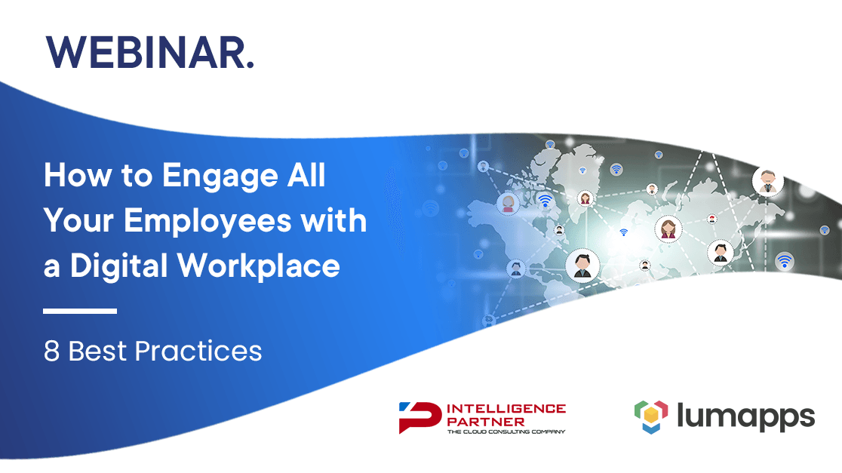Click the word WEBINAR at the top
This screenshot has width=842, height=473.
pos(146,53)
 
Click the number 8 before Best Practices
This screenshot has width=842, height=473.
pos(51,351)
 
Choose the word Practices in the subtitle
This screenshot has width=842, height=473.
pos(198,351)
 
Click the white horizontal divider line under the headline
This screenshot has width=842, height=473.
pos(80,311)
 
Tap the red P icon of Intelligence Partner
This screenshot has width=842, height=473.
pos(420,417)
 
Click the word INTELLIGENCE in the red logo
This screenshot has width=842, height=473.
pos(506,409)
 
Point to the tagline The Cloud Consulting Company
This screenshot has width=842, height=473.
pos(506,432)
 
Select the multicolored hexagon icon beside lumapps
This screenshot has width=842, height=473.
pos(651,416)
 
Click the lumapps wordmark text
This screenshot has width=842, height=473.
pos(745,416)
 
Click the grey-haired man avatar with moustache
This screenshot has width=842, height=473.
pos(767,181)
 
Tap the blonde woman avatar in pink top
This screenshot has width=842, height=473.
pos(508,204)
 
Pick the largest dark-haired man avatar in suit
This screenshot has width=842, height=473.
pos(582,266)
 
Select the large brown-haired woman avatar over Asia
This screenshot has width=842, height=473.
pos(668,229)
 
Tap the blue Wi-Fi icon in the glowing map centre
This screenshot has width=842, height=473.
pos(623,232)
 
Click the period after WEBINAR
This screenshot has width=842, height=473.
pos(250,66)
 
